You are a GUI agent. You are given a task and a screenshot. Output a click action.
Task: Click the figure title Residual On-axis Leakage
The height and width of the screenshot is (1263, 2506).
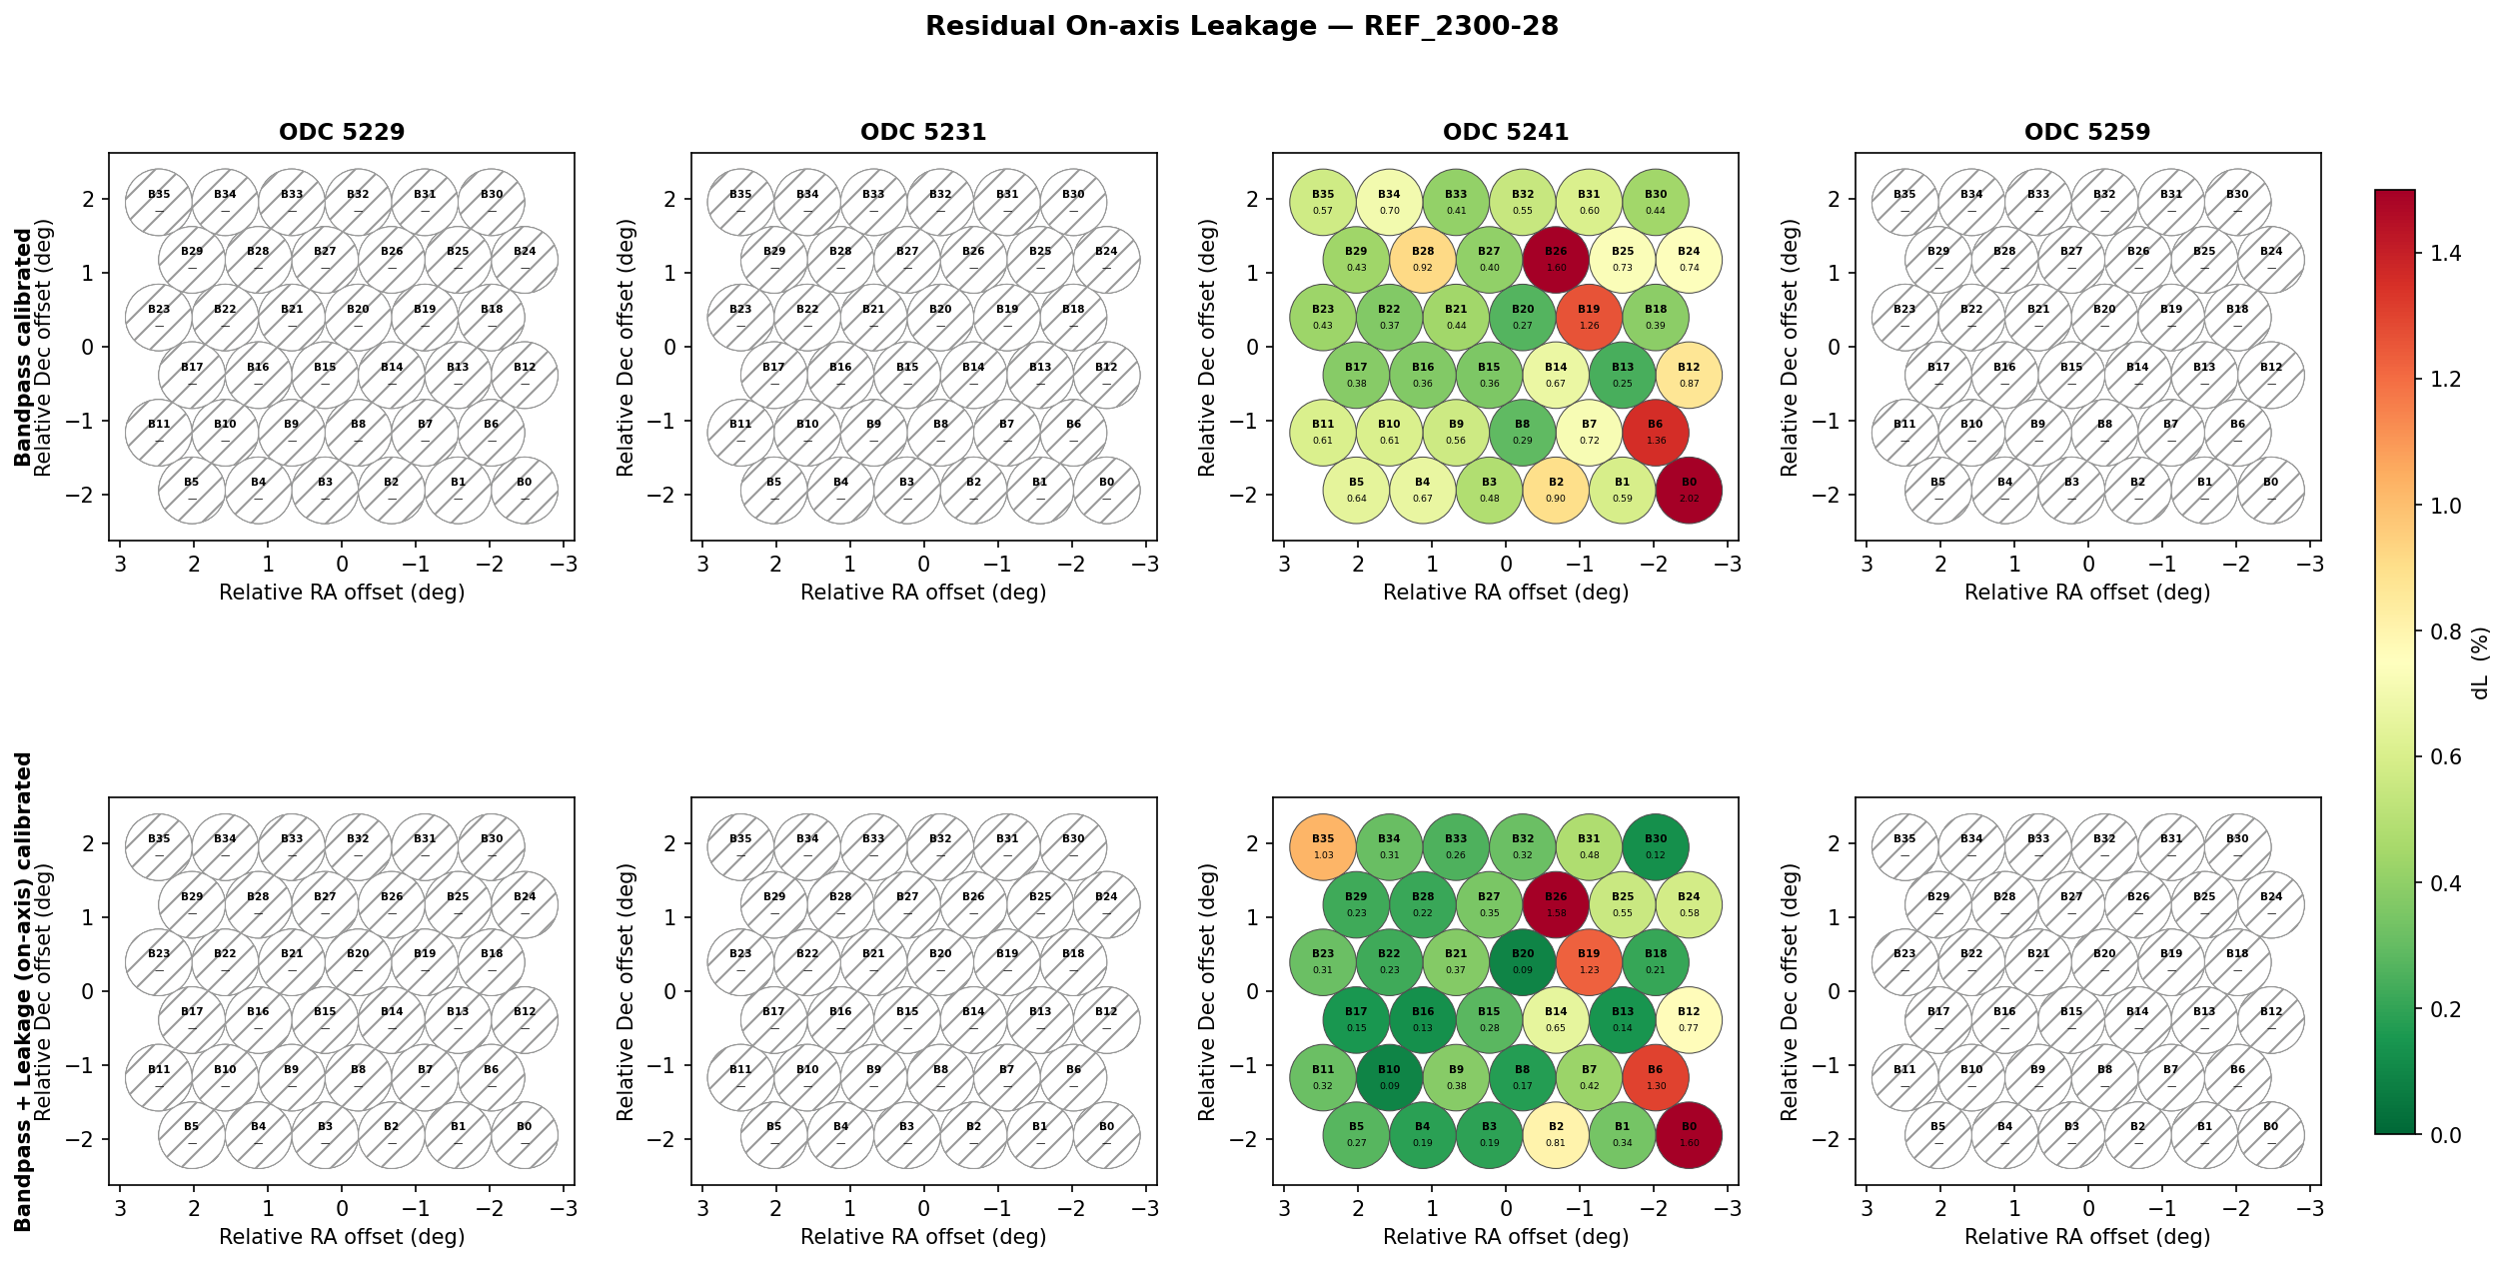[x=1241, y=27]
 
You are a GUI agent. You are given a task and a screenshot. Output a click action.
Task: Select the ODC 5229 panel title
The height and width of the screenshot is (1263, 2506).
[x=342, y=132]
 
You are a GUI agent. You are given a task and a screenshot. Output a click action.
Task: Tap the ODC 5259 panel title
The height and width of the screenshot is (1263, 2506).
[x=2087, y=132]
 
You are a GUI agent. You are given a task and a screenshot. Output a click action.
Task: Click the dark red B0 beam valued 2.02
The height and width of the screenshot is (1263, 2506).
[x=1689, y=491]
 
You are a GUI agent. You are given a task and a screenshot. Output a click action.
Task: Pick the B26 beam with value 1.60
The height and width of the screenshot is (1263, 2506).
[x=1556, y=260]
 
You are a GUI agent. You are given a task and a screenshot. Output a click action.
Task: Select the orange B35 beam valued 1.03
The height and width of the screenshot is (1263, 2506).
[x=1323, y=847]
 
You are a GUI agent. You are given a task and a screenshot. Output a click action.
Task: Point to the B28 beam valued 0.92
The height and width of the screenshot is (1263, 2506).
[x=1423, y=260]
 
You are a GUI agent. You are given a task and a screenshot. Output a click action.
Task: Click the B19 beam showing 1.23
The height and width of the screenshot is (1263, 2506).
[x=1589, y=962]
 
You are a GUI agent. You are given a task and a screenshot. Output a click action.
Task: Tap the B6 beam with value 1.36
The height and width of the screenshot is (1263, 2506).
[x=1656, y=433]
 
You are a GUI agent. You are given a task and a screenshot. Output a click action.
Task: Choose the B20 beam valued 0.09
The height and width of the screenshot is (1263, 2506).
[x=1523, y=962]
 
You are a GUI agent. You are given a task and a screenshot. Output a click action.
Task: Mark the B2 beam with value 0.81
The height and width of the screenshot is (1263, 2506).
[x=1556, y=1135]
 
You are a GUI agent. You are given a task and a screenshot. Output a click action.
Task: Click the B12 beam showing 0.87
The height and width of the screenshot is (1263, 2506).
[x=1689, y=376]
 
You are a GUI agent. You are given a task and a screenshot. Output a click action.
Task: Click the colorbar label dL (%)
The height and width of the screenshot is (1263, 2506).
[x=2480, y=663]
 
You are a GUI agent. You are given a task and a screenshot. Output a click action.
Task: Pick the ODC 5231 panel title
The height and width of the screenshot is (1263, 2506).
[x=923, y=132]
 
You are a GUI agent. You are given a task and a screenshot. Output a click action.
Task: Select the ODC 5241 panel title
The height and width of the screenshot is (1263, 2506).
[x=1506, y=132]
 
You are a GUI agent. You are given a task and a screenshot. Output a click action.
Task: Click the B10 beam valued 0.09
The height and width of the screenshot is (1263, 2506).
[x=1389, y=1077]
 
